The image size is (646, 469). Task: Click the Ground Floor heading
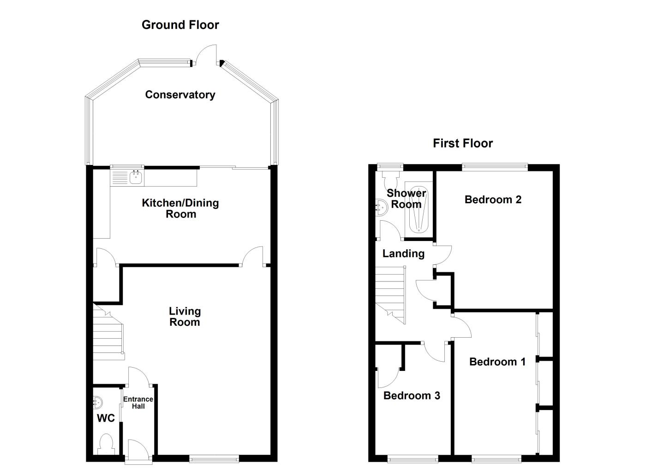[x=180, y=25]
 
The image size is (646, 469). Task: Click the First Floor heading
[x=462, y=143]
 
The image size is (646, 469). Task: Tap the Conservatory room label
[x=180, y=95]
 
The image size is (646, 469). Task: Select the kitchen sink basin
[x=136, y=177]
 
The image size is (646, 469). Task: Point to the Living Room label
[x=185, y=317]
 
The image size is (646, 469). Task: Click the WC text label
[x=106, y=418]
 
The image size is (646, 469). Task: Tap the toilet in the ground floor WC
[x=106, y=445]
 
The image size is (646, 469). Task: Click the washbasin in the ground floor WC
[x=97, y=402]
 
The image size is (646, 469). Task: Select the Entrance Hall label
[x=138, y=403]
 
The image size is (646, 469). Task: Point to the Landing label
[x=403, y=254]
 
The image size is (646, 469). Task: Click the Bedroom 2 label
[x=493, y=199]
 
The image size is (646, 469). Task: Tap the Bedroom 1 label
[x=497, y=362]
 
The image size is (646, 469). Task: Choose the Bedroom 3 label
[x=412, y=396]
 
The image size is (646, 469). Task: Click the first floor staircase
[x=390, y=295]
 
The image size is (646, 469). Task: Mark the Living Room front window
[x=214, y=459]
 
